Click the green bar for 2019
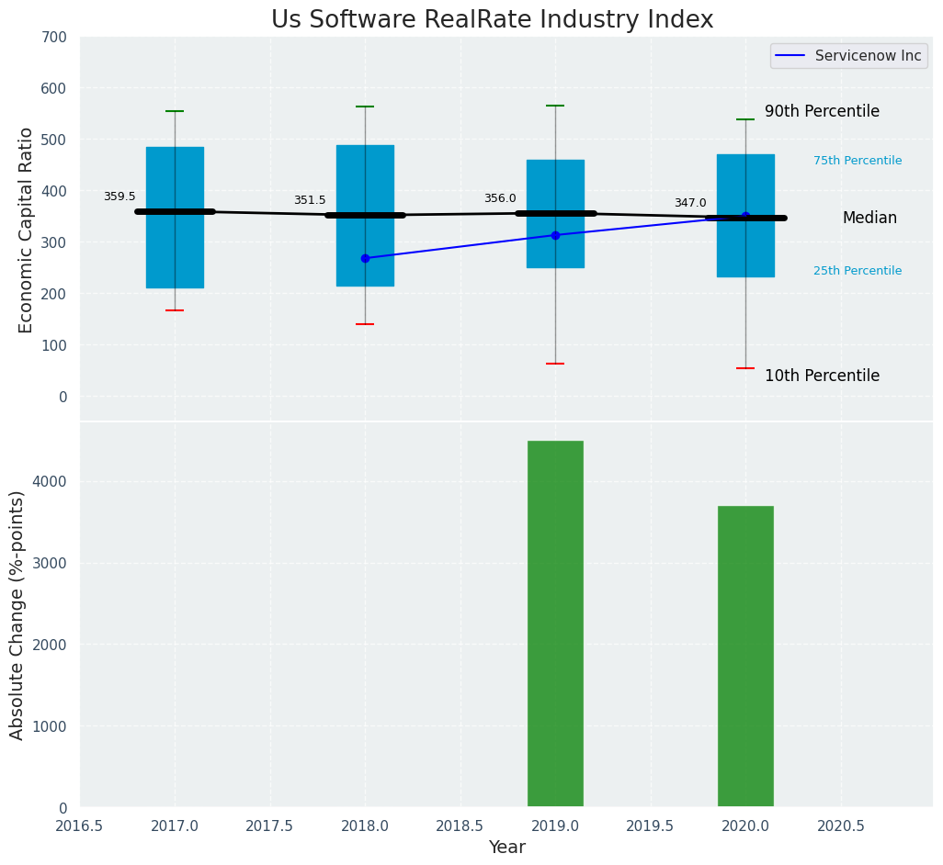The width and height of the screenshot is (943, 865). (555, 623)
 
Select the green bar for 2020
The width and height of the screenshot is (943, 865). (745, 656)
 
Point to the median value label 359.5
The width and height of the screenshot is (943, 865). (119, 197)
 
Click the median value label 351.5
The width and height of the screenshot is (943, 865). (310, 200)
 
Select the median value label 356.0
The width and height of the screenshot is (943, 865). (500, 198)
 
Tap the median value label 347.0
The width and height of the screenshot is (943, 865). (690, 203)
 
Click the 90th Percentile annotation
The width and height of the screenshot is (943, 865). (822, 111)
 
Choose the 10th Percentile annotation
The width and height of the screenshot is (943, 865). (822, 376)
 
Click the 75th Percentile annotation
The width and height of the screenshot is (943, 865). (858, 161)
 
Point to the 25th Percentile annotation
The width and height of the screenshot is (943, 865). (858, 271)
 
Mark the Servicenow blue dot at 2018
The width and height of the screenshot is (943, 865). (365, 258)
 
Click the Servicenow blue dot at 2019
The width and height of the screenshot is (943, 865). (555, 235)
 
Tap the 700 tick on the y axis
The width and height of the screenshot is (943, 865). (54, 37)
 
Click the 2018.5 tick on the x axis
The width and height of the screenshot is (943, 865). (460, 826)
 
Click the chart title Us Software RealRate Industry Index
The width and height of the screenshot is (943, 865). (492, 19)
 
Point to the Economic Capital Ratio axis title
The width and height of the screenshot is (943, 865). (26, 230)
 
